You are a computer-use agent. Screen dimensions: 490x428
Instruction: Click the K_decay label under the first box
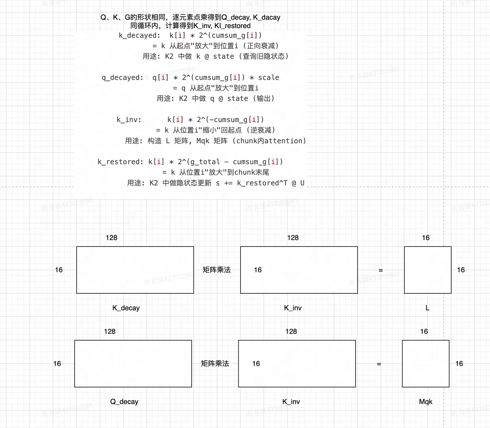[126, 308]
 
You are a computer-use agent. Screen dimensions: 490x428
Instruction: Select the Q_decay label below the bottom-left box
[124, 402]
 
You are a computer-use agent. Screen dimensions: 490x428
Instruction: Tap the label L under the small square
[427, 308]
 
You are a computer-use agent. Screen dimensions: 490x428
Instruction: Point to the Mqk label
[426, 402]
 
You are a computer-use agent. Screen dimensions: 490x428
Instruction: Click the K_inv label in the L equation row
[293, 308]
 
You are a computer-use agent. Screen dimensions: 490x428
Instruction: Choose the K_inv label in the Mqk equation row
[291, 402]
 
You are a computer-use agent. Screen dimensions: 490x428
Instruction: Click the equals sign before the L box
[381, 270]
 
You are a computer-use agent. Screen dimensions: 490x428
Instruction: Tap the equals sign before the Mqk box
[379, 364]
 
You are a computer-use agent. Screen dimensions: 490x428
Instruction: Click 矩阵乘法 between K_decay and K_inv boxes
[217, 270]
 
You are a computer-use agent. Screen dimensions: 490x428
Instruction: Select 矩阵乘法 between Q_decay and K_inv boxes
[215, 364]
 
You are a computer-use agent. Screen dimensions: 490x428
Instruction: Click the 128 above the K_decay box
[112, 238]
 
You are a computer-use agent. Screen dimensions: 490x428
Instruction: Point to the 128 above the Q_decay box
[110, 331]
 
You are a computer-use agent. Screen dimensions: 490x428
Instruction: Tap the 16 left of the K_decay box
[59, 270]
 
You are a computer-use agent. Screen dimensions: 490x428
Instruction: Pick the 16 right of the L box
[461, 270]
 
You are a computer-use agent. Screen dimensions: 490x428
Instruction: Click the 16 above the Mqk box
[424, 331]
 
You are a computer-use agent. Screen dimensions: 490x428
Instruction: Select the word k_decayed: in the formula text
[140, 35]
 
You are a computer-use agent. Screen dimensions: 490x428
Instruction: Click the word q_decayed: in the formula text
[123, 78]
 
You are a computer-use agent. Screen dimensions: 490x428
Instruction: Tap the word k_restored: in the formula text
[121, 162]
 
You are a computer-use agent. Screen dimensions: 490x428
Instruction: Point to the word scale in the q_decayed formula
[269, 78]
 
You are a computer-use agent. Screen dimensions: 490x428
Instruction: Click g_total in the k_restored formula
[205, 162]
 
